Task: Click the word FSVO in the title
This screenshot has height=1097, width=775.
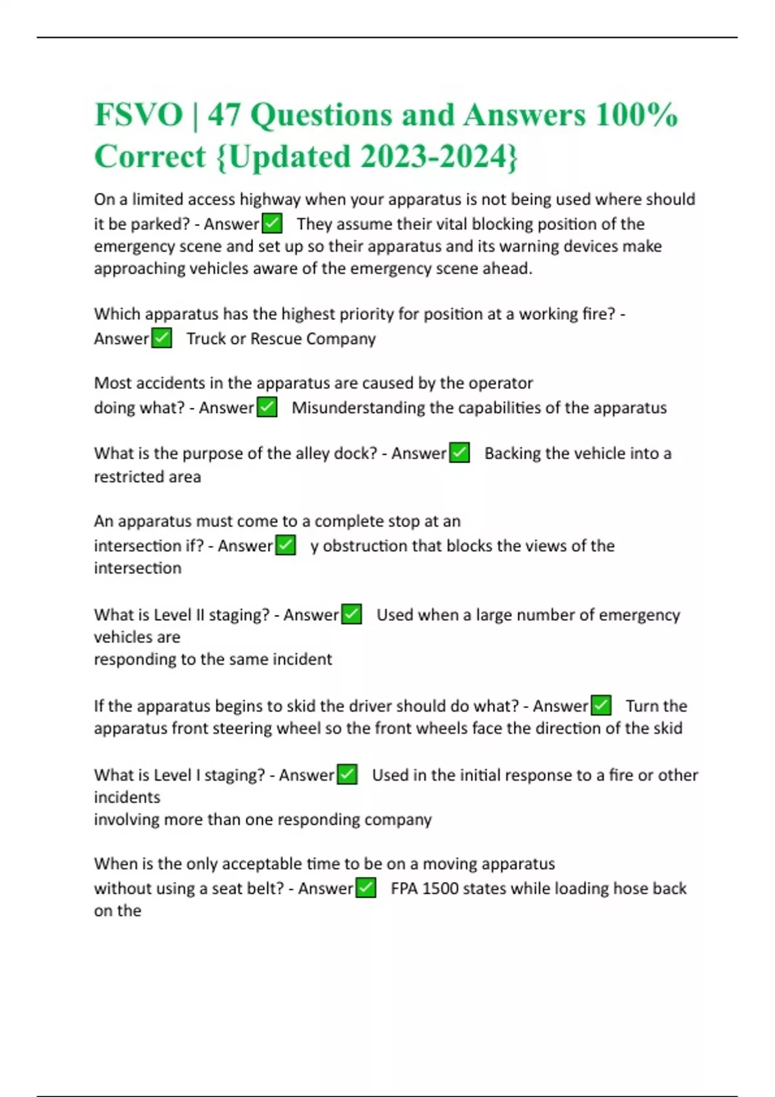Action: pyautogui.click(x=139, y=115)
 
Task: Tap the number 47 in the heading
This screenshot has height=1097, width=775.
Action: pyautogui.click(x=223, y=115)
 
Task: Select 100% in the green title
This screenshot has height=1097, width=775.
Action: pyautogui.click(x=637, y=115)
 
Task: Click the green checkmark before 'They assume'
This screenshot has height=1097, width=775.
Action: pyautogui.click(x=272, y=224)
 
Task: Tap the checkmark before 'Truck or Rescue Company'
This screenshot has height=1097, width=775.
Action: pyautogui.click(x=161, y=338)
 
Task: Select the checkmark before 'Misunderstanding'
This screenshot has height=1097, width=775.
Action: pyautogui.click(x=267, y=407)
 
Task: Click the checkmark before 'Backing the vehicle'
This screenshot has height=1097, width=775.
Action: pyautogui.click(x=459, y=453)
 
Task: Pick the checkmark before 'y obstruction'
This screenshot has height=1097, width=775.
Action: pyautogui.click(x=285, y=545)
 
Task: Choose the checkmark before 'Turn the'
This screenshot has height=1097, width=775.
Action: pyautogui.click(x=601, y=705)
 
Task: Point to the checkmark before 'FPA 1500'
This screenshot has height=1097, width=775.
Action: pyautogui.click(x=366, y=888)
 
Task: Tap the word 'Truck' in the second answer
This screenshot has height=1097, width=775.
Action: pyautogui.click(x=206, y=339)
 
